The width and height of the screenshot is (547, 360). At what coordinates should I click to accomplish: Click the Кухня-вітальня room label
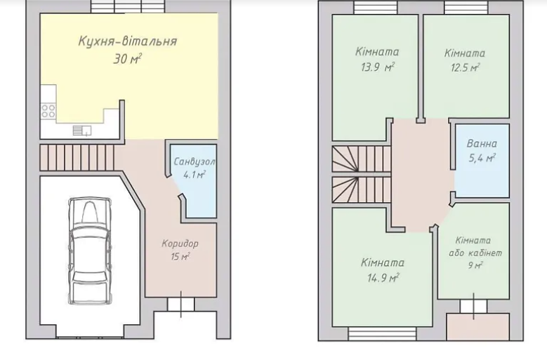[128, 41]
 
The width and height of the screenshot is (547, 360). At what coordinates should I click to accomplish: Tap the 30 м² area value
[127, 59]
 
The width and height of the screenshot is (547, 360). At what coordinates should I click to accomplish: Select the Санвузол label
[195, 161]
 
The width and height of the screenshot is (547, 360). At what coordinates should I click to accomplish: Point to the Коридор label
[180, 244]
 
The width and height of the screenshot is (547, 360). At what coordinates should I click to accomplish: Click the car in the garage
[90, 251]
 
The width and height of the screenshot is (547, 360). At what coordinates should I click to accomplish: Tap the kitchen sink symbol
[82, 131]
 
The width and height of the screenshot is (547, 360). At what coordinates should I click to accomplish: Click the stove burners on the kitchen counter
[48, 111]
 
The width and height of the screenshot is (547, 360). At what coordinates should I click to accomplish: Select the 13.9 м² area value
[378, 67]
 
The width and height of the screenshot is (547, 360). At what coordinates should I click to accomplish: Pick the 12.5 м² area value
[465, 67]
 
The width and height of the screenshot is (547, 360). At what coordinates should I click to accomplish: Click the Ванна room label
[482, 144]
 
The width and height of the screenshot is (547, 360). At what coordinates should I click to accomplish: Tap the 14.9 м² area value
[383, 278]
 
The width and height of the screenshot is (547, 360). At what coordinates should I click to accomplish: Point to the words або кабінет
[475, 253]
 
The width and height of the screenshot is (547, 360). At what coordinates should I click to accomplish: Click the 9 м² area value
[475, 265]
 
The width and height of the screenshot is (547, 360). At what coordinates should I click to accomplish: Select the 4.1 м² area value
[195, 175]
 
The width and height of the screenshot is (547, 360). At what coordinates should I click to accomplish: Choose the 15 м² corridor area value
[180, 257]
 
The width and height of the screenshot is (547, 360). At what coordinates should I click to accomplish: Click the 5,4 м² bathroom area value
[482, 159]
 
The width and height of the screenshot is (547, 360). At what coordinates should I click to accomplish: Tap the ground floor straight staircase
[77, 157]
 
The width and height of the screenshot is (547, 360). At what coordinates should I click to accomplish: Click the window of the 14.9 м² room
[383, 333]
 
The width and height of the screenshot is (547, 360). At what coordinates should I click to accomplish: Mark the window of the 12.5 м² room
[467, 8]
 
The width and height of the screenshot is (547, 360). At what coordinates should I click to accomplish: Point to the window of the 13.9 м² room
[376, 8]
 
